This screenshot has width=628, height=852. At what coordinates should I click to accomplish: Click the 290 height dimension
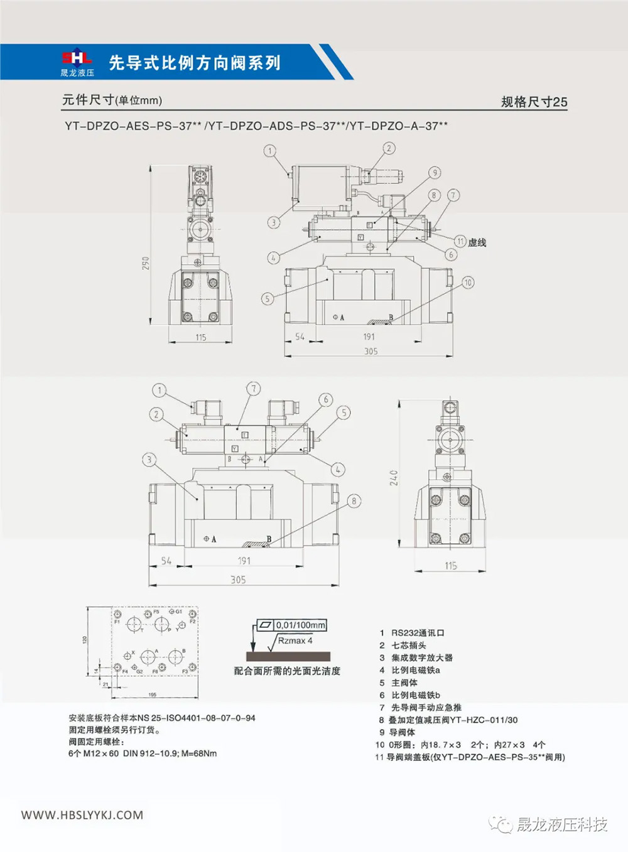[x=146, y=263]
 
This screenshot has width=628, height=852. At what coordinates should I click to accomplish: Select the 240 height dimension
[x=394, y=478]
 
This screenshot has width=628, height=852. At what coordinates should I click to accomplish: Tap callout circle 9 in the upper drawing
[x=434, y=173]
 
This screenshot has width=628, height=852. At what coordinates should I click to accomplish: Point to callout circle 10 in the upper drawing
[x=468, y=283]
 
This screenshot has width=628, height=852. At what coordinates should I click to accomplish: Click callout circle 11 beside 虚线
[x=460, y=242]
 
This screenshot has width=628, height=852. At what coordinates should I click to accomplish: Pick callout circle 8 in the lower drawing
[x=354, y=501]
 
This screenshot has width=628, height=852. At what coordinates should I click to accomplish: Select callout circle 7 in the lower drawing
[x=254, y=389]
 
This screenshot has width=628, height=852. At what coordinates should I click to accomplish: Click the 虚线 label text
[x=477, y=242]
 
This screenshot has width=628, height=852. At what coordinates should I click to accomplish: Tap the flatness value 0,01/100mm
[x=300, y=625]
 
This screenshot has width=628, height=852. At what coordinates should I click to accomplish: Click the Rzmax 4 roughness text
[x=295, y=640]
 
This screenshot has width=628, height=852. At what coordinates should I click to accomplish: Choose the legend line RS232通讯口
[x=417, y=633]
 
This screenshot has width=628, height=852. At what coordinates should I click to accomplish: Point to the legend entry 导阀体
[x=402, y=732]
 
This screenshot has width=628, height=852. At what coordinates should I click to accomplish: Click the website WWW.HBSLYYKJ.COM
[x=82, y=815]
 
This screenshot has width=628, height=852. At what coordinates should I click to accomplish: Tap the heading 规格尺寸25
[x=534, y=102]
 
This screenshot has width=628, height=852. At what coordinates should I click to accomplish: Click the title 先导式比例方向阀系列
[x=195, y=63]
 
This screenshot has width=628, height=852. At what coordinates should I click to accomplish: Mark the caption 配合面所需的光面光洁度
[x=287, y=671]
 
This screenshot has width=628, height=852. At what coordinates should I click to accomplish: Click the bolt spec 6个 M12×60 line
[x=143, y=753]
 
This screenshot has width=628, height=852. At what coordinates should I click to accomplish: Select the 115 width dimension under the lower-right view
[x=451, y=566]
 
